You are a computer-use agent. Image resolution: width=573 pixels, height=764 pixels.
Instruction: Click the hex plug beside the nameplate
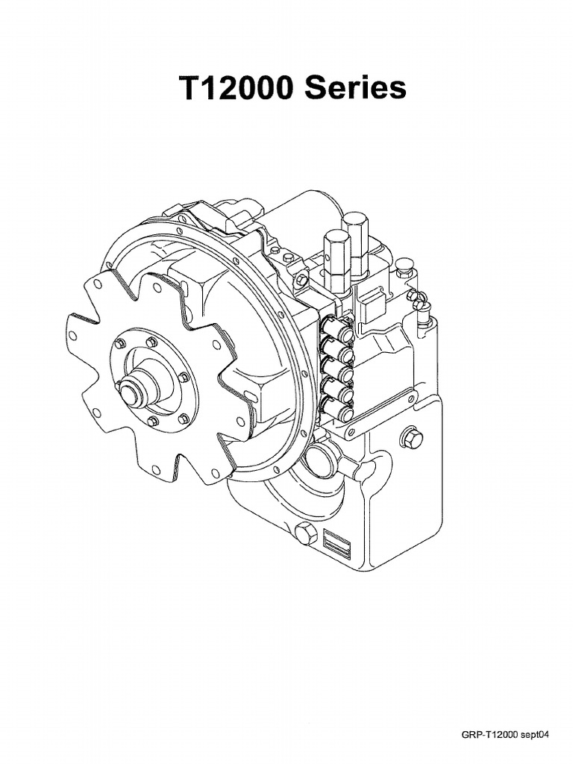304,535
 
